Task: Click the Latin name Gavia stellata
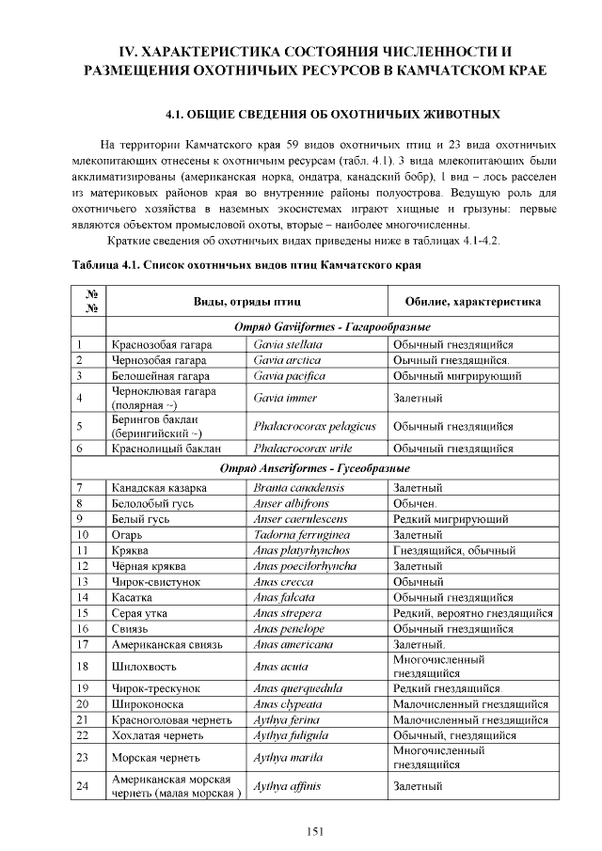click(288, 345)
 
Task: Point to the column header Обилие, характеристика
click(472, 303)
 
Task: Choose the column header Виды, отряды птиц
click(247, 303)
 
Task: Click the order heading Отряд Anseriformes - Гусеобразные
click(315, 468)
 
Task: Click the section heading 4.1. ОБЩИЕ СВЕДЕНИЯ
click(332, 115)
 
